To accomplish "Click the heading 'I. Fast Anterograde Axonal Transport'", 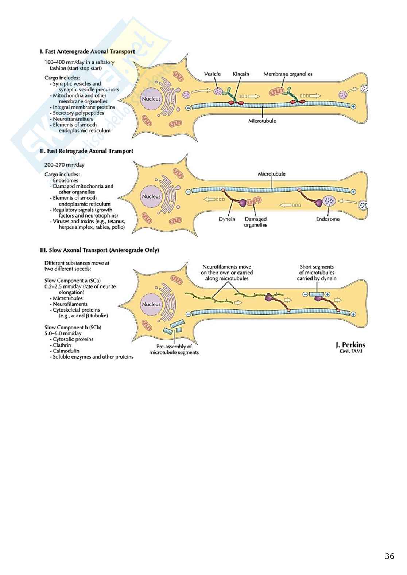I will (87, 51).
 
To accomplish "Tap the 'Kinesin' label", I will (241, 74).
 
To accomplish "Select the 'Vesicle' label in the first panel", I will (212, 74).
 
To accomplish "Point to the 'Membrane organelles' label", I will (288, 74).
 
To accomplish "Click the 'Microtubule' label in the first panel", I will (262, 121).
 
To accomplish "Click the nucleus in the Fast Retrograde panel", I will (151, 196).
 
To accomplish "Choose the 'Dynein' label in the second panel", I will (227, 219).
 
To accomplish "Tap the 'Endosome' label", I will (327, 219).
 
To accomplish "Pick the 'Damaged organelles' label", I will (255, 222).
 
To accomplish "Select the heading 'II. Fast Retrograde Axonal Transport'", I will (86, 151).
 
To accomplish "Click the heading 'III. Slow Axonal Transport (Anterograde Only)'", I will (99, 250).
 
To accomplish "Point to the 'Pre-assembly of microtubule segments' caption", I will (174, 349).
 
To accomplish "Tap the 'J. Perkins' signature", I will (350, 345).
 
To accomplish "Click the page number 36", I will (389, 556).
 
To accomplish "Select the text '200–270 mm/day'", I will (64, 165).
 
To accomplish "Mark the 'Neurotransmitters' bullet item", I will (73, 119).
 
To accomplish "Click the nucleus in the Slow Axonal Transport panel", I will (151, 304).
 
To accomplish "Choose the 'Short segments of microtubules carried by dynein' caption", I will (317, 273).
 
